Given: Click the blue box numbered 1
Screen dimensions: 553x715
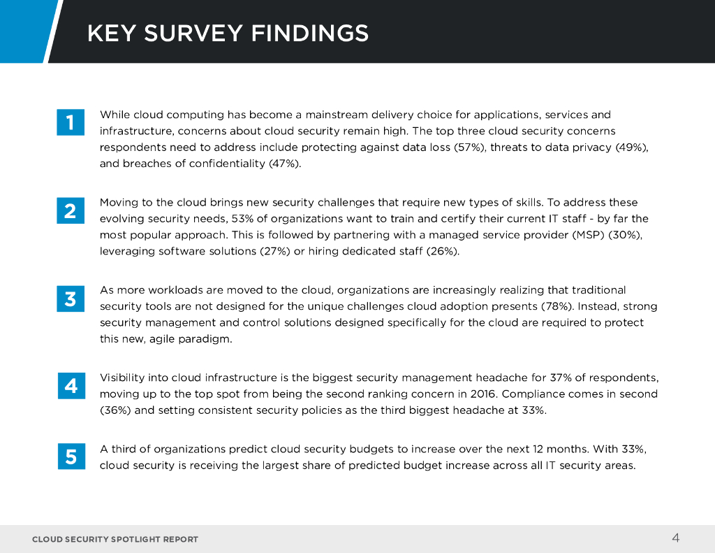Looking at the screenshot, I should pos(71,122).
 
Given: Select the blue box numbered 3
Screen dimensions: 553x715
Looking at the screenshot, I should pos(71,299).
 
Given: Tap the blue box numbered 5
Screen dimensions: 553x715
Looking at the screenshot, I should pos(71,457).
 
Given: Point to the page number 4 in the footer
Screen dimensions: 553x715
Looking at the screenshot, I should pos(675,538).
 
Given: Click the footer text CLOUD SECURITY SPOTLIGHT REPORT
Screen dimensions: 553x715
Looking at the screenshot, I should pos(115,539).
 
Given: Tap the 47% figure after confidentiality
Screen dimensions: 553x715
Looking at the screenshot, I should pos(284,164).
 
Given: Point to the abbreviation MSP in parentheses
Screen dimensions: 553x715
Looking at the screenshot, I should pos(584,235).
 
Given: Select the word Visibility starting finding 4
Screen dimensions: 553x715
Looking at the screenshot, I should pos(123,378).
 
